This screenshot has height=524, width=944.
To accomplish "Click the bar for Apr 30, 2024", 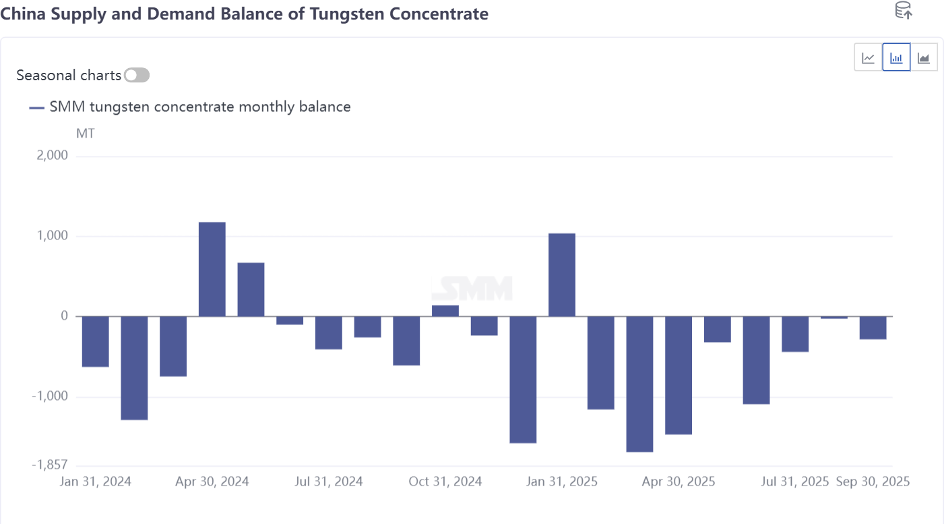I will click(212, 269).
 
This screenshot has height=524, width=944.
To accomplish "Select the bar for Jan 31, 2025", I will click(562, 274).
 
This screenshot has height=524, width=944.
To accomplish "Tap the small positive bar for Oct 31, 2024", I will click(445, 311).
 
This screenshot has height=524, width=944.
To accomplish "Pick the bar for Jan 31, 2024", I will click(96, 341).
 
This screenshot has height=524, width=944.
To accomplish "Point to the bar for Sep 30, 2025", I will click(873, 328).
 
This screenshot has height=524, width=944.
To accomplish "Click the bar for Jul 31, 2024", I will click(329, 332).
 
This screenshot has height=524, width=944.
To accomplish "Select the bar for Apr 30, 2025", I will click(679, 375).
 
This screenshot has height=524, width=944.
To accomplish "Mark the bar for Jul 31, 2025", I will click(795, 334).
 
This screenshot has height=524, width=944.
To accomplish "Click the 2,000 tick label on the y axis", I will click(52, 156).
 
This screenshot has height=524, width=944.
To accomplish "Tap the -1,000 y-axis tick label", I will click(50, 397).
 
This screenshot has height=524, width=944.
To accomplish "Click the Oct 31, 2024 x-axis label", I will click(445, 482).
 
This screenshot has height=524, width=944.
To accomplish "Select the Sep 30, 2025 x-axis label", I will click(873, 482).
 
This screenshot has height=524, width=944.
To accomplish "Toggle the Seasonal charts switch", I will click(137, 76).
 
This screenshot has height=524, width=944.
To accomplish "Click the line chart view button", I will click(869, 58).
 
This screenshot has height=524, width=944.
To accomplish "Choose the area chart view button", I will click(924, 58).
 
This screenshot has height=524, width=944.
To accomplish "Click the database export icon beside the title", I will click(903, 11).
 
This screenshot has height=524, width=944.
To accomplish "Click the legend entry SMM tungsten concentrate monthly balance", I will click(199, 107).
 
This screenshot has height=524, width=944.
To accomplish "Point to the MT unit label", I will click(86, 134).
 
